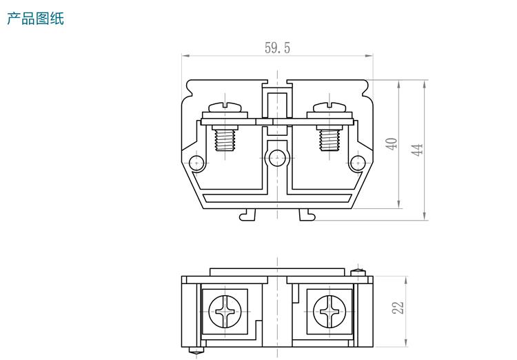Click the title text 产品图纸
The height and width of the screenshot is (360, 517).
[x=35, y=19]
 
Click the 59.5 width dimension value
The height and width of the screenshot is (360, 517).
[x=277, y=48]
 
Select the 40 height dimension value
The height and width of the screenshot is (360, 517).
[x=392, y=143]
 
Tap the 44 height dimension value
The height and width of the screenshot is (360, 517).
[x=416, y=150]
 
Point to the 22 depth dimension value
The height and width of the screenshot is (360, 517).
[x=398, y=308]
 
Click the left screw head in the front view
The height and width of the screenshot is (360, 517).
[x=230, y=108]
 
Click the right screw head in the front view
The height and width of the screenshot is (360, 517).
[x=330, y=108]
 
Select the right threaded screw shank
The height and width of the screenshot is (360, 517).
[x=328, y=141]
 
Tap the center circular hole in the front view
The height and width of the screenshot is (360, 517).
[x=277, y=157]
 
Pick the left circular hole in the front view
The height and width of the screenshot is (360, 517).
[x=197, y=163]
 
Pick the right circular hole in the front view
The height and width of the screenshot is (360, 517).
[x=357, y=163]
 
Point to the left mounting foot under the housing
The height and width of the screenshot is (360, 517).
[x=247, y=215]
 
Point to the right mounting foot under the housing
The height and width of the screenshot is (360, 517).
[x=307, y=215]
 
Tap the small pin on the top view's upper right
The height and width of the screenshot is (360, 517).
[x=357, y=272]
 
